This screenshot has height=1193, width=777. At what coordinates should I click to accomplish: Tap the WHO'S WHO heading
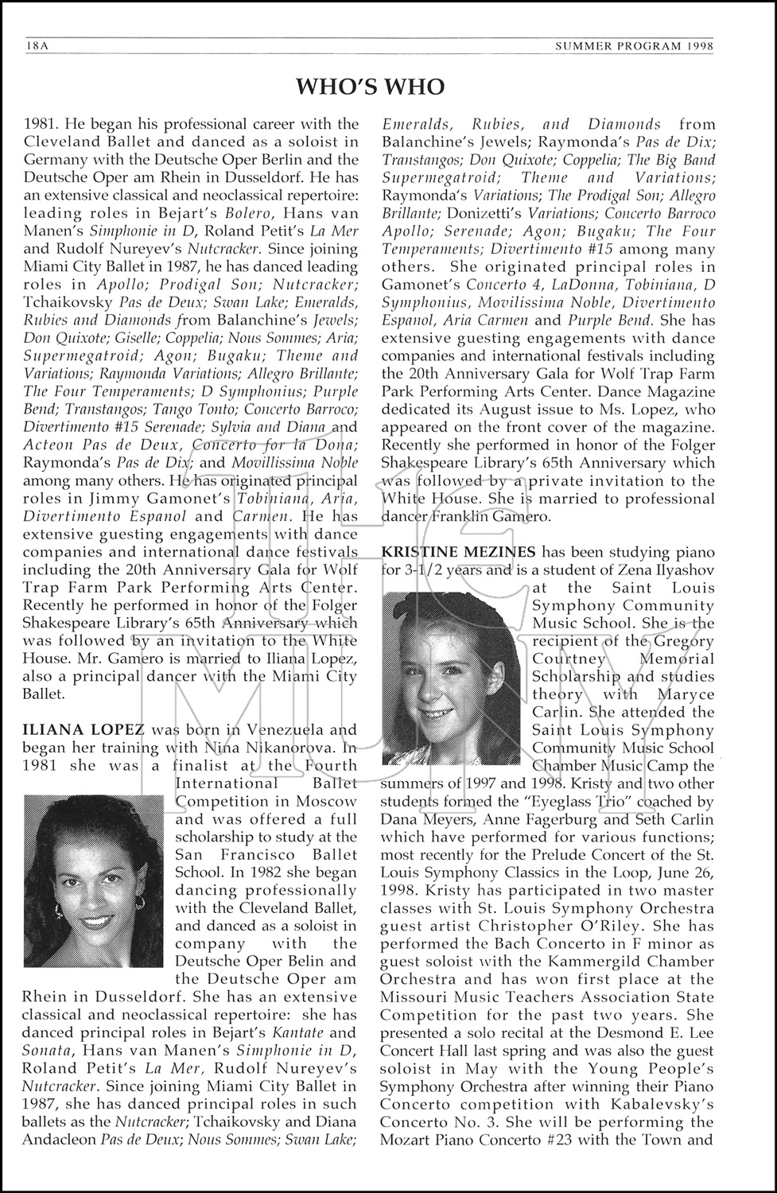tap(370, 86)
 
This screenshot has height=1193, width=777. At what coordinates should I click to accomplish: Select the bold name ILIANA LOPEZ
tap(84, 729)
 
